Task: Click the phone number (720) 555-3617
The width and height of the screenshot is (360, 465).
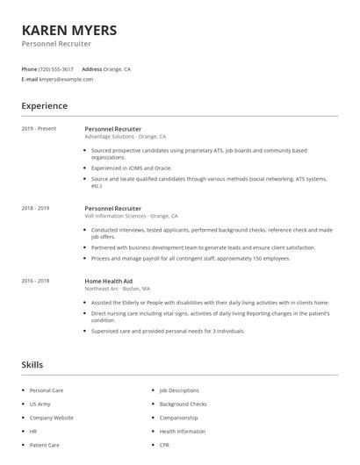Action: pyautogui.click(x=57, y=68)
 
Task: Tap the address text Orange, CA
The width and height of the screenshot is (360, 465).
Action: pyautogui.click(x=118, y=68)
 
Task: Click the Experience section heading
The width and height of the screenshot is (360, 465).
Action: pyautogui.click(x=45, y=106)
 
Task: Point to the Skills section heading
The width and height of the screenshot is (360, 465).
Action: pyautogui.click(x=32, y=364)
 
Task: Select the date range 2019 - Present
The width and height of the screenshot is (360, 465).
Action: pyautogui.click(x=39, y=129)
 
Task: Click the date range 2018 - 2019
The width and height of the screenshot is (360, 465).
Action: pyautogui.click(x=35, y=208)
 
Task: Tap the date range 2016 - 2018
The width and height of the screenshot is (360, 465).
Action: pyautogui.click(x=35, y=281)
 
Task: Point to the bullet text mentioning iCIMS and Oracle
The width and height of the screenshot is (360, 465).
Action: pyautogui.click(x=132, y=167)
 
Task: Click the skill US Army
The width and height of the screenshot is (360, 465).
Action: pyautogui.click(x=40, y=404)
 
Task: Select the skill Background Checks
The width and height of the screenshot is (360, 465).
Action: pyautogui.click(x=183, y=404)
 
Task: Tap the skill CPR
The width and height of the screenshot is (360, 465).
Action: pyautogui.click(x=164, y=445)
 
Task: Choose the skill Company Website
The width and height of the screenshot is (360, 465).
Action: pyautogui.click(x=51, y=418)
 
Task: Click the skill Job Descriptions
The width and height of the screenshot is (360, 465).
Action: pyautogui.click(x=179, y=390)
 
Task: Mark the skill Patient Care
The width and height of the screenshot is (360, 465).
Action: pyautogui.click(x=44, y=445)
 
